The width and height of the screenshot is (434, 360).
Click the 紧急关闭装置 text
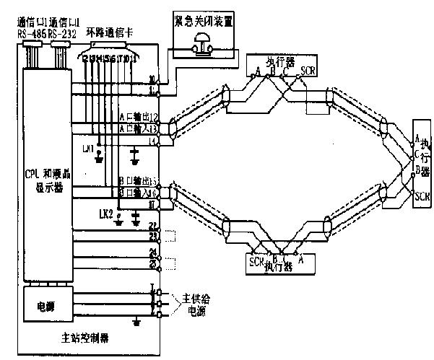(204, 22)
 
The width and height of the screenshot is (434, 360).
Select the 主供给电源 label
(190, 304)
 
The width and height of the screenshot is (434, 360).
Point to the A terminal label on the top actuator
(258, 71)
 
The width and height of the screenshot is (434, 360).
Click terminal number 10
(152, 80)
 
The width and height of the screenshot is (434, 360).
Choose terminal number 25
(152, 265)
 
